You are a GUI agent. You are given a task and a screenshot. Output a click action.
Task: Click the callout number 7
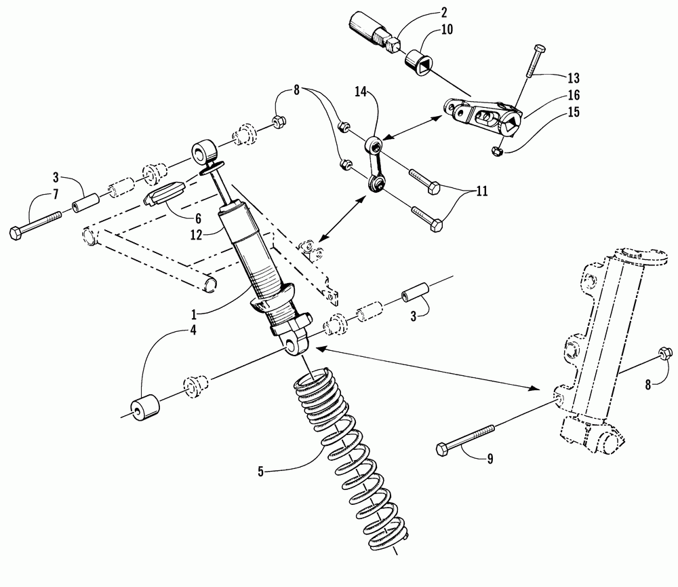(56, 194)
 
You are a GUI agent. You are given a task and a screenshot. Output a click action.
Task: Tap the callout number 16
(574, 95)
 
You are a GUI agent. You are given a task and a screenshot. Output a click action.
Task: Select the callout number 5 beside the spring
(260, 472)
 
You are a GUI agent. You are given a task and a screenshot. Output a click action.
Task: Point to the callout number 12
(197, 235)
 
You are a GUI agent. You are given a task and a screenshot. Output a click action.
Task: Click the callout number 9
(490, 459)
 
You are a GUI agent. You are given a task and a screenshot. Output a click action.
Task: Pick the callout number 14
(361, 92)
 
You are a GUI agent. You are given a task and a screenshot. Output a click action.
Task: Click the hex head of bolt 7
(15, 233)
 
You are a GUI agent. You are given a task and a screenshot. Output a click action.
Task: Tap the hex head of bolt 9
(442, 449)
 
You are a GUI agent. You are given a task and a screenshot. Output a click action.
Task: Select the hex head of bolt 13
(539, 48)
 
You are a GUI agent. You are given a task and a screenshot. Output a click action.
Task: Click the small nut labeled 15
(497, 151)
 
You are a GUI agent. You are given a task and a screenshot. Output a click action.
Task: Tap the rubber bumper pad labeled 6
(164, 193)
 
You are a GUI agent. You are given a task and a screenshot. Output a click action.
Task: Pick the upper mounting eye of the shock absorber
(203, 153)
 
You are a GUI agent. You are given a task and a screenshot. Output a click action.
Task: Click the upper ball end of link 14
(374, 143)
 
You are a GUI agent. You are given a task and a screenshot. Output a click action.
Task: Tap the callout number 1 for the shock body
(194, 314)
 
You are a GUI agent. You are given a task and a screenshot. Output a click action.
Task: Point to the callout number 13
(574, 78)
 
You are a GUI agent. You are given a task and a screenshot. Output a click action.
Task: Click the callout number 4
(193, 330)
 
